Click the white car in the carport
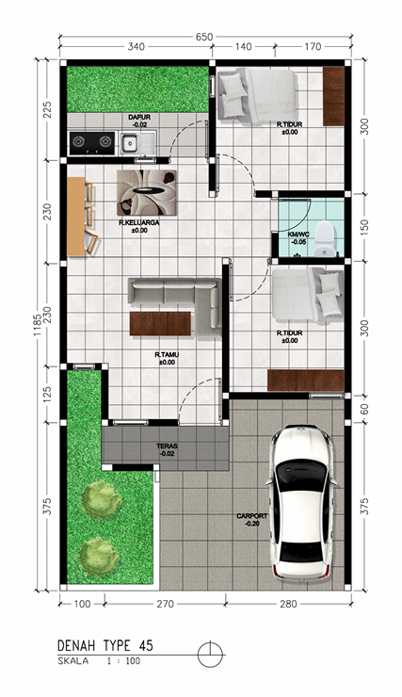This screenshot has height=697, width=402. click(299, 503)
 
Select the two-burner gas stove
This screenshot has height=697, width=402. click(92, 142)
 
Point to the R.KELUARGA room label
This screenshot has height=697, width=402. click(139, 222)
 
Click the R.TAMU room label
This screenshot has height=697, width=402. click(167, 355)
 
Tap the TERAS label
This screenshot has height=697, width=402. click(167, 446)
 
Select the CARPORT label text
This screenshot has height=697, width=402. click(252, 516)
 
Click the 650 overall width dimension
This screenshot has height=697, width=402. click(204, 37)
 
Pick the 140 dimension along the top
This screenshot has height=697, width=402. click(243, 47)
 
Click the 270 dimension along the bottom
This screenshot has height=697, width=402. click(166, 604)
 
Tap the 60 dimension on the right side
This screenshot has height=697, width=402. click(364, 410)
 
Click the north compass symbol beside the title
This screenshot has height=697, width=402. click(210, 655)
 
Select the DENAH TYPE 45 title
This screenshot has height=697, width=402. click(105, 645)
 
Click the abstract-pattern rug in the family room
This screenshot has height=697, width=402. click(146, 192)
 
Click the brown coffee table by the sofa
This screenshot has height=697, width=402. click(160, 324)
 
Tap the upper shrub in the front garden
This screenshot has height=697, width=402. click(102, 499)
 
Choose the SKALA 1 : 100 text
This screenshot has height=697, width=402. click(99, 661)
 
